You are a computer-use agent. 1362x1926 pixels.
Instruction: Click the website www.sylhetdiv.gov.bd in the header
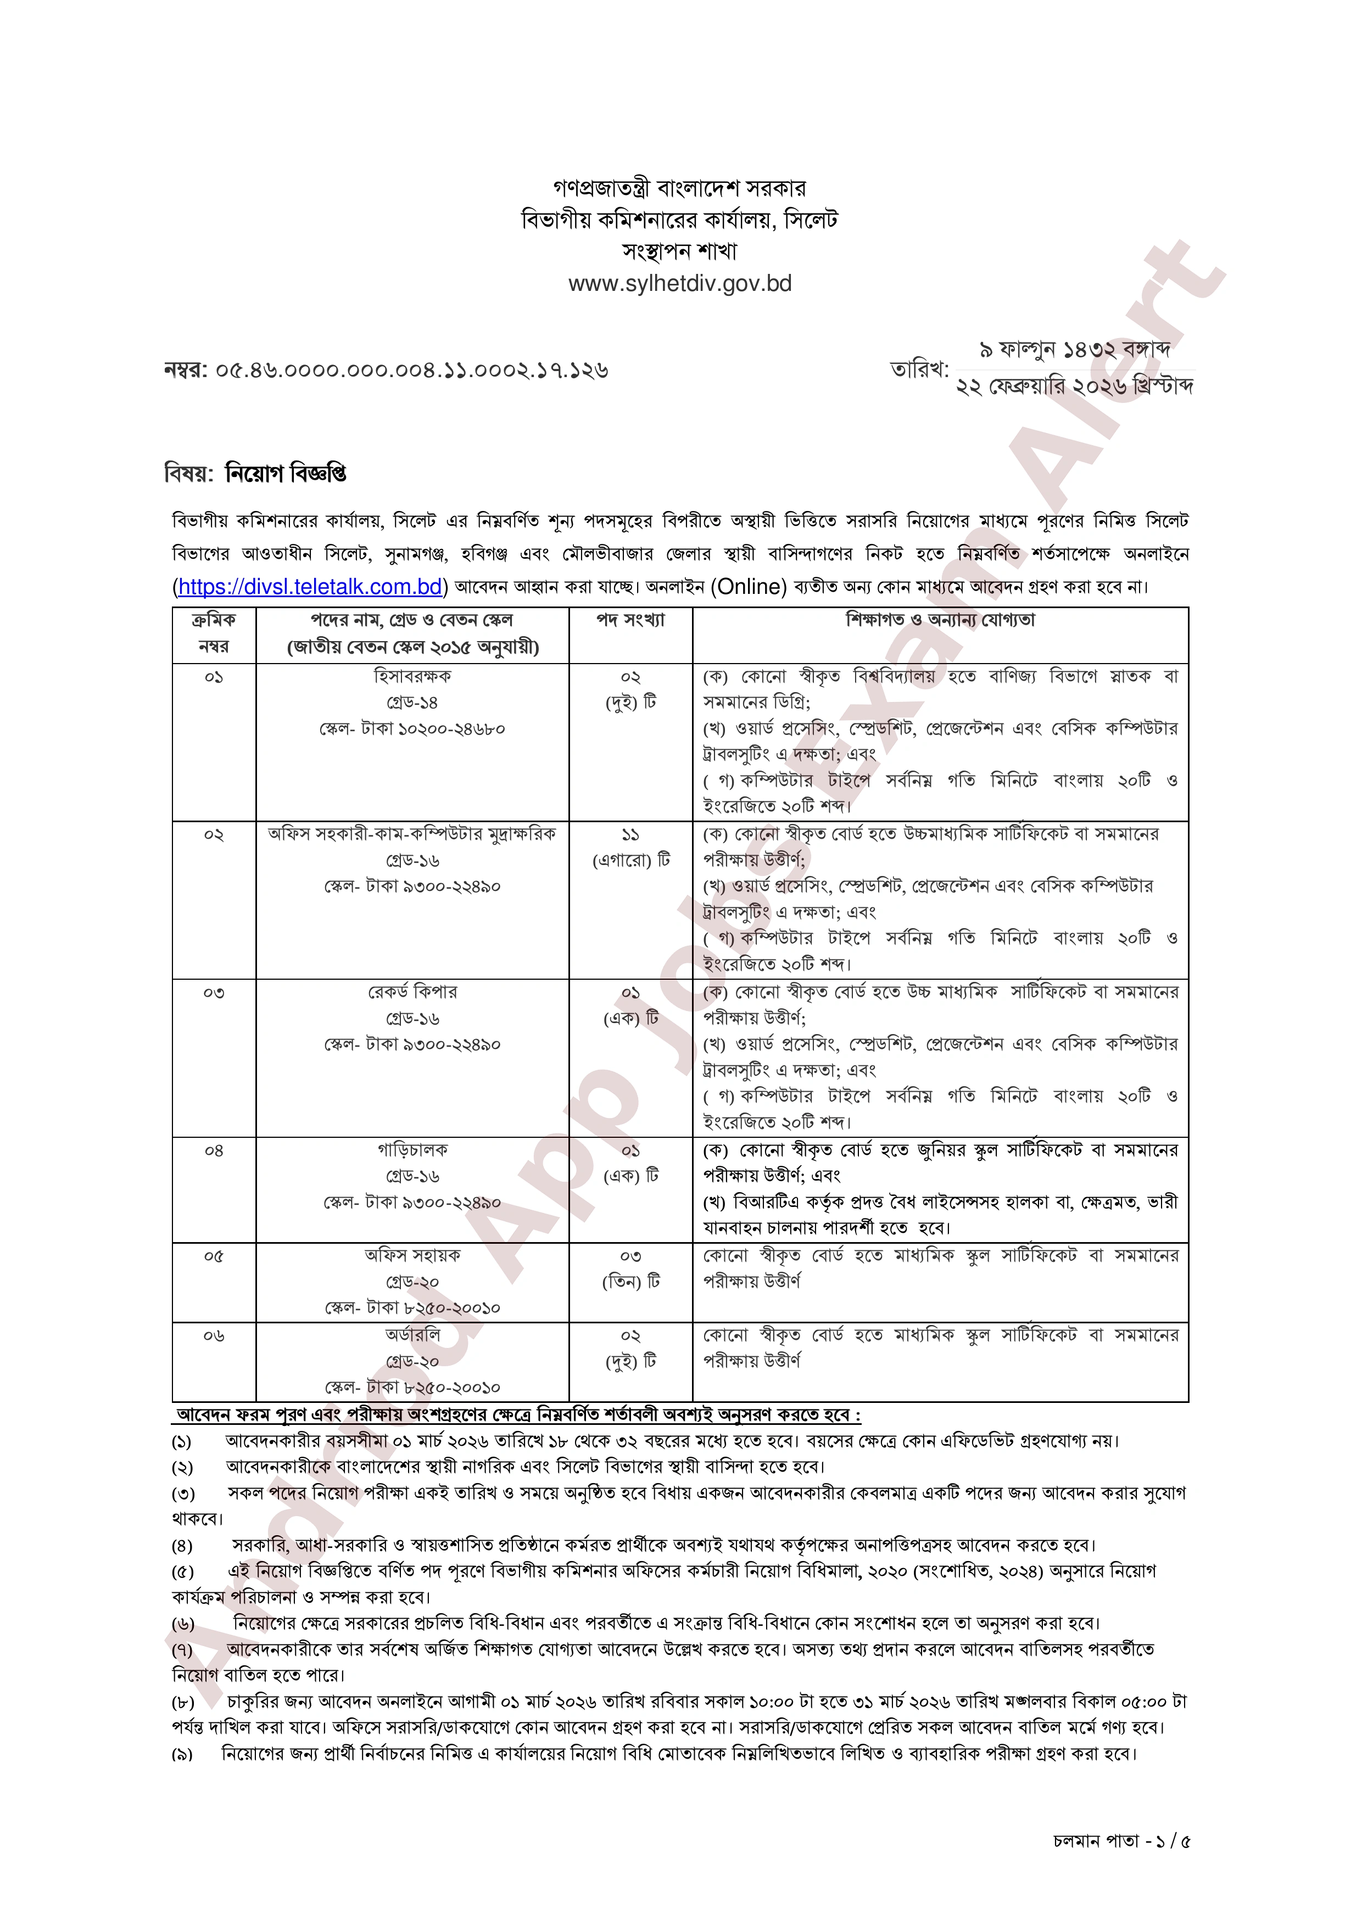click(x=680, y=284)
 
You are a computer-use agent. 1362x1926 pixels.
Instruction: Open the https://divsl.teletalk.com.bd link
click(x=310, y=586)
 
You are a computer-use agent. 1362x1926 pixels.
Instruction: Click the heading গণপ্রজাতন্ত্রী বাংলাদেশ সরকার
click(x=680, y=188)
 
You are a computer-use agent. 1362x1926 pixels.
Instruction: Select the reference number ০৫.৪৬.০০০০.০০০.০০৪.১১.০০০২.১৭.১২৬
click(x=411, y=370)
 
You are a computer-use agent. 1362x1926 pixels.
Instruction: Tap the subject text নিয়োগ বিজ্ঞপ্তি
click(x=286, y=474)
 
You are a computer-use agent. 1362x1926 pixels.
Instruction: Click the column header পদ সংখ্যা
click(x=630, y=620)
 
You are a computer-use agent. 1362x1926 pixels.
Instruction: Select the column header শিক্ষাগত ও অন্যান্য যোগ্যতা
click(x=940, y=620)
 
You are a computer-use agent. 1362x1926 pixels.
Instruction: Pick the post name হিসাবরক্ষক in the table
click(x=412, y=675)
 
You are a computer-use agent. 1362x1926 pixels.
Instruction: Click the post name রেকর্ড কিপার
click(x=412, y=991)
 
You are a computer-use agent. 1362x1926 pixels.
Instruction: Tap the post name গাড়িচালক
click(x=412, y=1149)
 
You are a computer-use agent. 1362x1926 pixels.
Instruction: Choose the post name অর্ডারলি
click(x=412, y=1335)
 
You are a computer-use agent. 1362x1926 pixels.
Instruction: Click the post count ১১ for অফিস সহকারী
click(x=630, y=835)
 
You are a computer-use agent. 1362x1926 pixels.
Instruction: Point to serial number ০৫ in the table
click(x=214, y=1256)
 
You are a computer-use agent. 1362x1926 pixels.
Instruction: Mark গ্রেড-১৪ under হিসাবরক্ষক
click(x=412, y=702)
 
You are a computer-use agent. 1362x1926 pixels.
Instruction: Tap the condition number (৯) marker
click(x=182, y=1754)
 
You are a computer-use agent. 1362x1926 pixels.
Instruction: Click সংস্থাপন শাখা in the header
click(x=680, y=251)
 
